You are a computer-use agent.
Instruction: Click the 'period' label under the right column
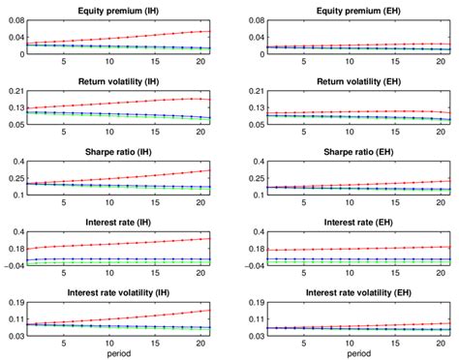pos(350,354)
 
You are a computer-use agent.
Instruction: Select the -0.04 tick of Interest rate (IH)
pos(14,265)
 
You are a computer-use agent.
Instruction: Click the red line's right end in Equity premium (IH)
pos(210,31)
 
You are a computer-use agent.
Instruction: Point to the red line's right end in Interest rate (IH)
pos(210,238)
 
